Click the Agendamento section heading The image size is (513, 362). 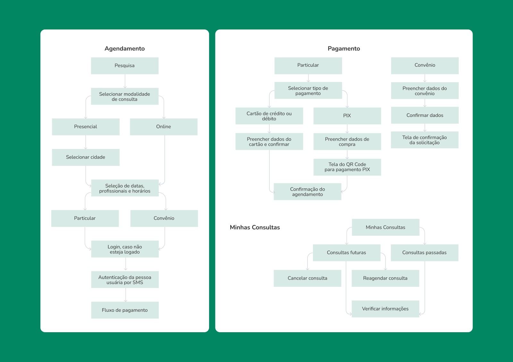[124, 48]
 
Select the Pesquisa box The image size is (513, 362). [124, 66]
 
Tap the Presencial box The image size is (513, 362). [86, 127]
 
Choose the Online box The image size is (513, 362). [164, 127]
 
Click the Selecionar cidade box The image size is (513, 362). [86, 157]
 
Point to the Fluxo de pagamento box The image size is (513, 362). [125, 310]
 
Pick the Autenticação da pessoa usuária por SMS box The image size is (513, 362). [125, 280]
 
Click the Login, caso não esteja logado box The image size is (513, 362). [125, 249]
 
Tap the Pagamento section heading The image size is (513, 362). [344, 48]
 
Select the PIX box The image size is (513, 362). [347, 116]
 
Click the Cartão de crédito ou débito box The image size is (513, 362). [269, 116]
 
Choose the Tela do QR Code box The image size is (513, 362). [347, 167]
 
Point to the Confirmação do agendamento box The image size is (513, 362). [307, 192]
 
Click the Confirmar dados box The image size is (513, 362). [425, 115]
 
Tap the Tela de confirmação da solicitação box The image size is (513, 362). [425, 140]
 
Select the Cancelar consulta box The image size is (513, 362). [307, 278]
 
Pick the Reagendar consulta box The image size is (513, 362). [385, 278]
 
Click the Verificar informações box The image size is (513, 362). [385, 309]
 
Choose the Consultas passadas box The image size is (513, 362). [424, 253]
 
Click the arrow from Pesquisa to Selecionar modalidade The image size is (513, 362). [125, 81]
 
